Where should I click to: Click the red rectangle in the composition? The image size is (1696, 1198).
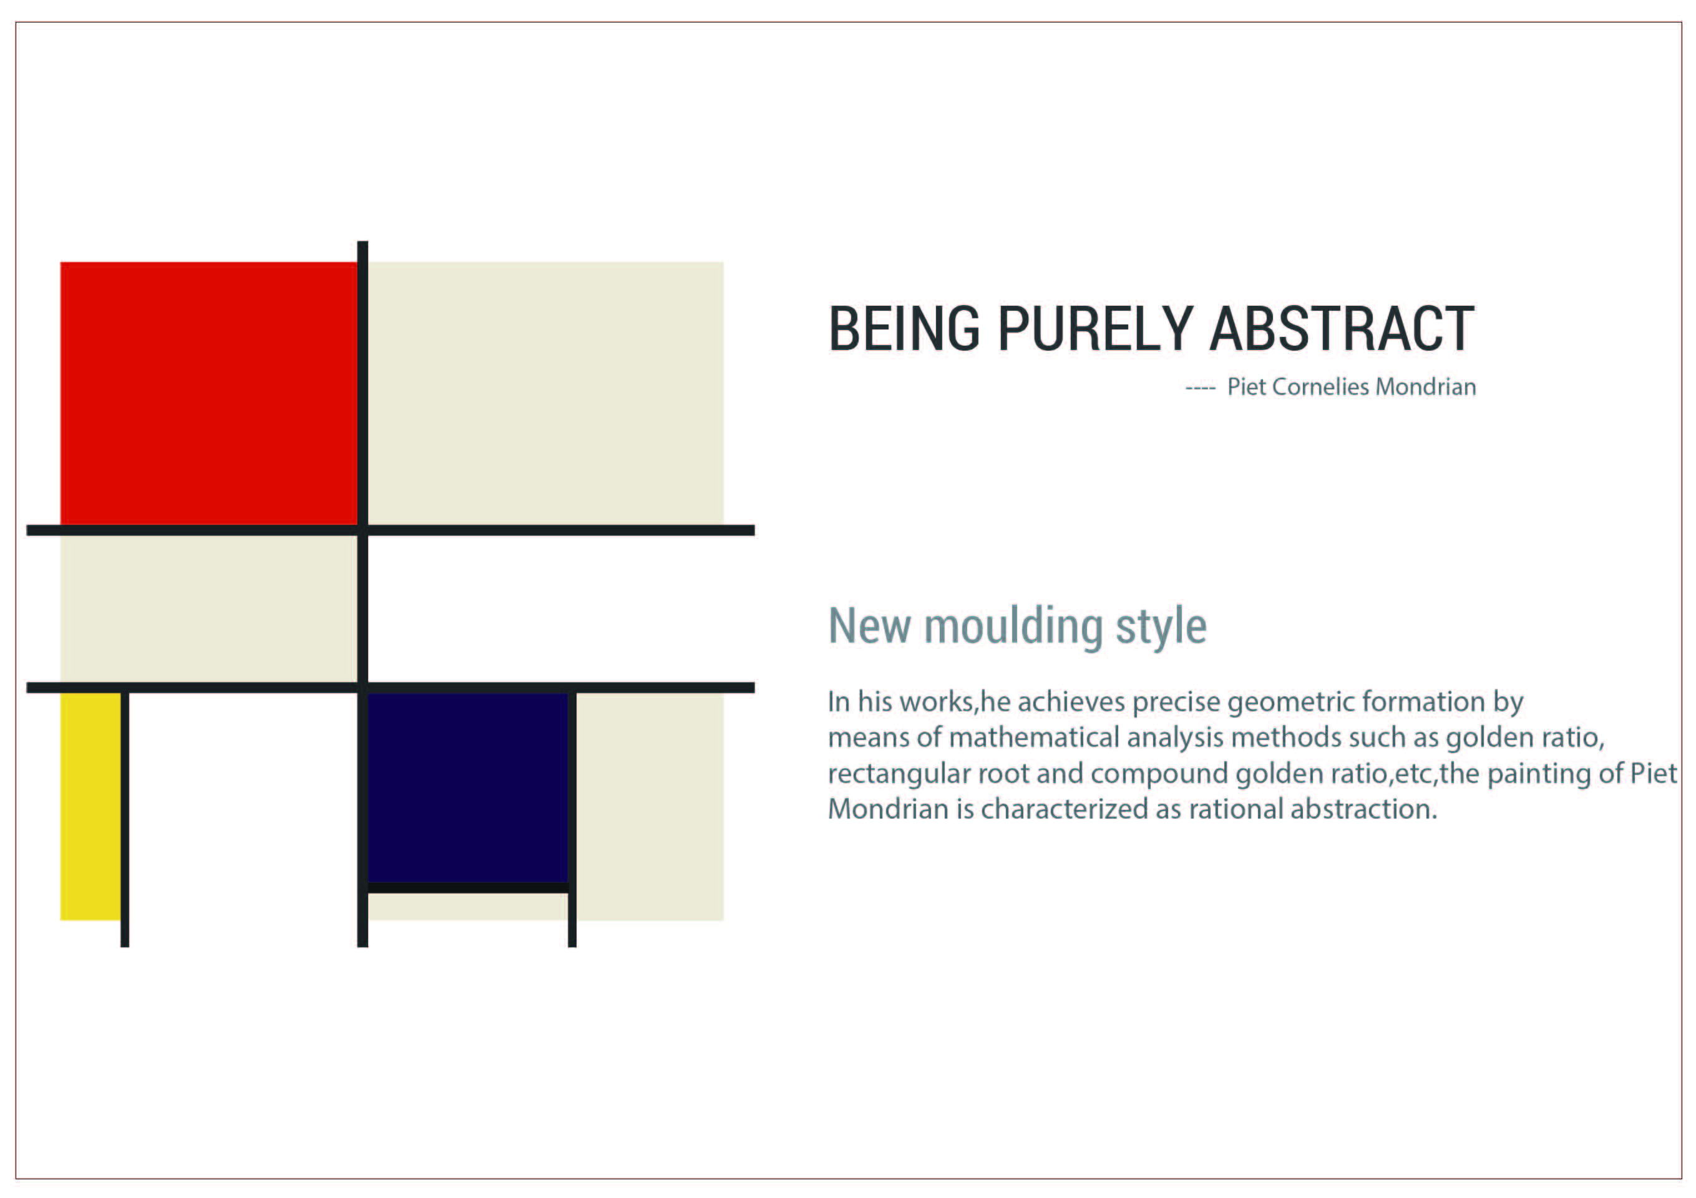[x=209, y=393]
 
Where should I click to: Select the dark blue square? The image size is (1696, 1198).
[x=467, y=787]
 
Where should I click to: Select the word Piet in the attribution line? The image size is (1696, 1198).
[x=1246, y=387]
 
